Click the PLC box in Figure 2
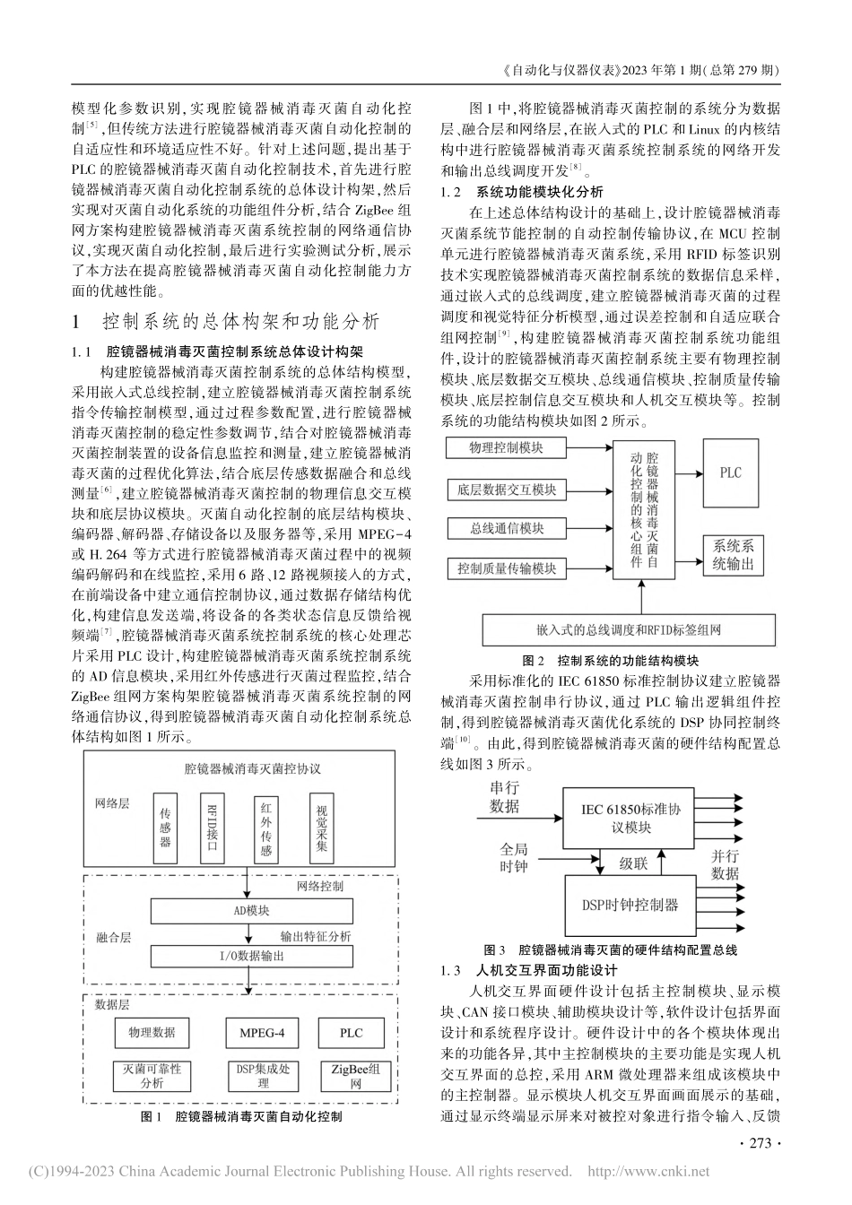pos(731,472)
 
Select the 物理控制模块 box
pos(507,447)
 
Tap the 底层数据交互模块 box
pos(507,489)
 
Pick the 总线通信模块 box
pos(507,528)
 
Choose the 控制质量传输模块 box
pos(507,568)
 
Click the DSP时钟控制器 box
pos(625,905)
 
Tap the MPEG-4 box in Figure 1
pos(262,1033)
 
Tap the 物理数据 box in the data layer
pos(152,1033)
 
